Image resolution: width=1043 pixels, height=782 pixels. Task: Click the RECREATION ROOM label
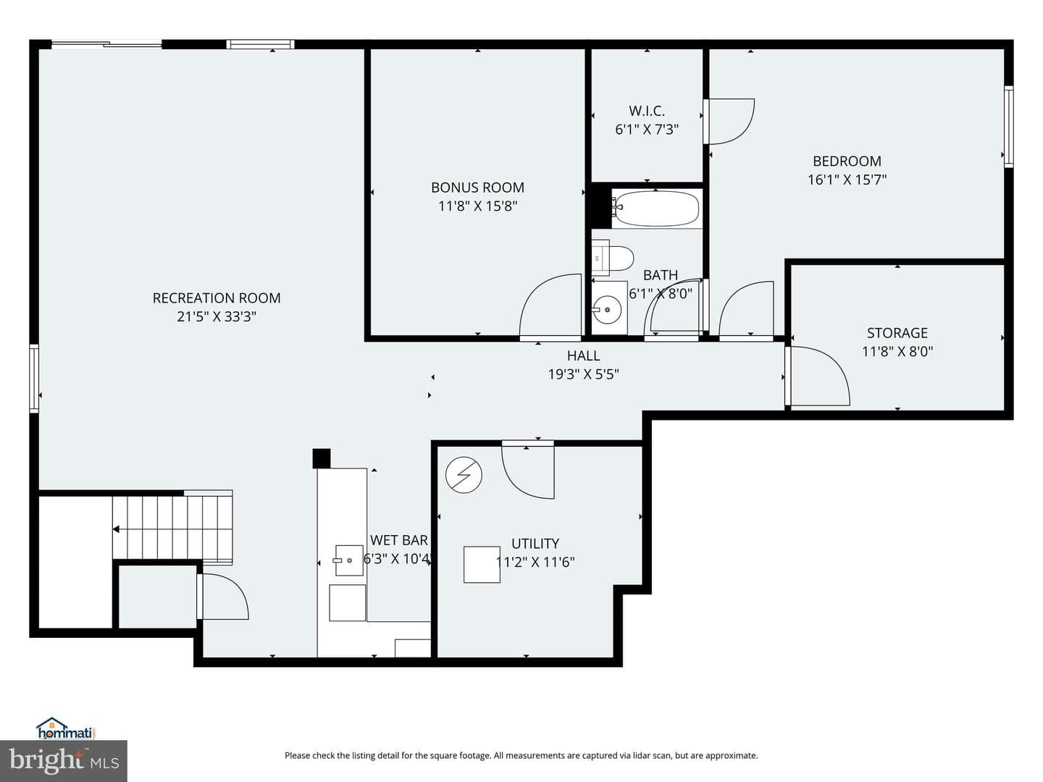click(x=216, y=298)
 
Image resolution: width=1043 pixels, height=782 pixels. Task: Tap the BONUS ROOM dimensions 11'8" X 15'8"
click(x=477, y=206)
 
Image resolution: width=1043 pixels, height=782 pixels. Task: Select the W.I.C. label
click(x=647, y=111)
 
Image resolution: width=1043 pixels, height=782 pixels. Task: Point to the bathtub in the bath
click(x=655, y=209)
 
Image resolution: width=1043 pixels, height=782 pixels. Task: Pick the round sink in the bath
click(x=607, y=310)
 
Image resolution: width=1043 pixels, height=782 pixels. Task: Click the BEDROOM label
click(x=847, y=161)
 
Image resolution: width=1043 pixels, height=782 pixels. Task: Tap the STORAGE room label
click(x=897, y=333)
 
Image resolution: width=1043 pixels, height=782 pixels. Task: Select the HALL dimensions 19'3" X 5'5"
click(x=584, y=374)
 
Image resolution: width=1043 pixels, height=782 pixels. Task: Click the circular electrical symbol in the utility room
click(x=464, y=475)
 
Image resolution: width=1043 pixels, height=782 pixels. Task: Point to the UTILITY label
click(x=535, y=543)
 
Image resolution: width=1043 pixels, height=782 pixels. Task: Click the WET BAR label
click(x=398, y=540)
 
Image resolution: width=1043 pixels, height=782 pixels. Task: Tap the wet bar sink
click(x=349, y=560)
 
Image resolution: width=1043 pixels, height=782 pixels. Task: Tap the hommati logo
click(x=67, y=728)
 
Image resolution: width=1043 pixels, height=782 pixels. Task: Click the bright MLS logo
click(x=64, y=760)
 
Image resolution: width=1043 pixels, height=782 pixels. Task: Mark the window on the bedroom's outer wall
click(x=1008, y=127)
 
